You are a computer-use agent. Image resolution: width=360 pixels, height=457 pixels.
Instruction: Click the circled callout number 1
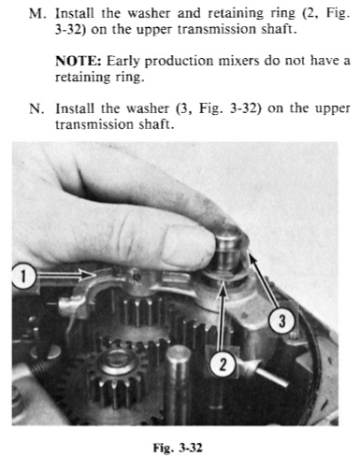[x=23, y=276]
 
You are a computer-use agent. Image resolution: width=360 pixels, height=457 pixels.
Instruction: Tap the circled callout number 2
[x=223, y=364]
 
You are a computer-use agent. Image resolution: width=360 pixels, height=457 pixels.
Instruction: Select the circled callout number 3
[x=281, y=321]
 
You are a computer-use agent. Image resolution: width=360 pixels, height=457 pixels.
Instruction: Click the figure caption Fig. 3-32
[x=178, y=448]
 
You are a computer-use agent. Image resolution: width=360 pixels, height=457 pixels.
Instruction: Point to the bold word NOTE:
[x=79, y=61]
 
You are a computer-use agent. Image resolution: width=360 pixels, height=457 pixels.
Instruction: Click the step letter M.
[x=36, y=13]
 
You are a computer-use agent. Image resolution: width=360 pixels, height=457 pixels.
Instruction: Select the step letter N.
[x=36, y=108]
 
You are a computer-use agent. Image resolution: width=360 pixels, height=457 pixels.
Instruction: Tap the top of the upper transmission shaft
[x=229, y=233]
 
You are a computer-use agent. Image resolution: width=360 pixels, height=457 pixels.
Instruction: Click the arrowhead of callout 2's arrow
[x=223, y=289]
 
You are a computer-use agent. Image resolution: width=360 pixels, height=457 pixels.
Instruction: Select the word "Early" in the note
[x=122, y=61]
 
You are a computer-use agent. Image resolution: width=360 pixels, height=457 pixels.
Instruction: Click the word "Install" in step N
[x=75, y=108]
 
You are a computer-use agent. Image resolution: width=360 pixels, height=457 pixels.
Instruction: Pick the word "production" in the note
[x=179, y=61]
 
